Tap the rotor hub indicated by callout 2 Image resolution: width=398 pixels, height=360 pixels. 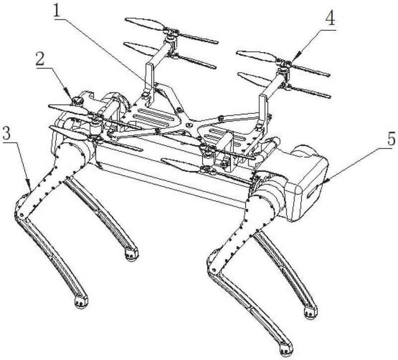click(78, 101)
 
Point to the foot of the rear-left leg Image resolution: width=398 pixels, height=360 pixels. click(130, 255)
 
